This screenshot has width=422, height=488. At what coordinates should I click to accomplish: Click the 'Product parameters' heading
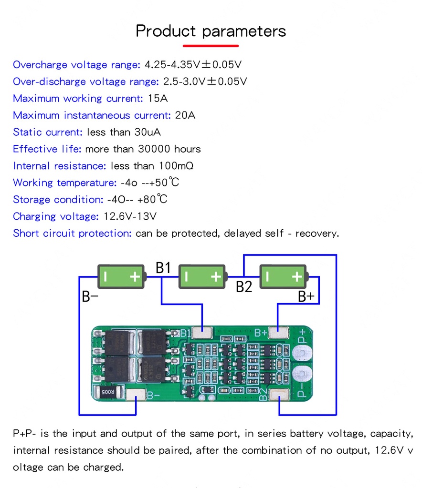pyautogui.click(x=211, y=31)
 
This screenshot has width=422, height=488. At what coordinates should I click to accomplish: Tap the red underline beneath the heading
pyautogui.click(x=211, y=46)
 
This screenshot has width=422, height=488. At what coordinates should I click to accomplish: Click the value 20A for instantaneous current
pyautogui.click(x=185, y=115)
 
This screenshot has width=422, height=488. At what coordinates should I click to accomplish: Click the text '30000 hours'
pyautogui.click(x=169, y=149)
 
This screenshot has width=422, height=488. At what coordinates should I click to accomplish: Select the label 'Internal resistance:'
pyautogui.click(x=59, y=166)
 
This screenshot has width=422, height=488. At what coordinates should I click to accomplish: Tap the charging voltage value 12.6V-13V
pyautogui.click(x=130, y=216)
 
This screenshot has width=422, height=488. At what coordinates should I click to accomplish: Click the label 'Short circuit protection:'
pyautogui.click(x=72, y=234)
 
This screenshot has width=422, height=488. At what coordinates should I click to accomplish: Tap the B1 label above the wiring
pyautogui.click(x=163, y=268)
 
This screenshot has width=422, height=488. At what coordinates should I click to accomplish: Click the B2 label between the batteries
pyautogui.click(x=244, y=287)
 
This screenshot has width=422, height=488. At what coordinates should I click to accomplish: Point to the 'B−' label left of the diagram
pyautogui.click(x=90, y=296)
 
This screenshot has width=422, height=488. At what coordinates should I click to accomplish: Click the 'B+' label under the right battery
pyautogui.click(x=306, y=296)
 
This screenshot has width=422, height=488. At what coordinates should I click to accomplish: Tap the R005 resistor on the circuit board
pyautogui.click(x=107, y=392)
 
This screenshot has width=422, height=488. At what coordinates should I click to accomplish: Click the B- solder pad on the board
pyautogui.click(x=137, y=395)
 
